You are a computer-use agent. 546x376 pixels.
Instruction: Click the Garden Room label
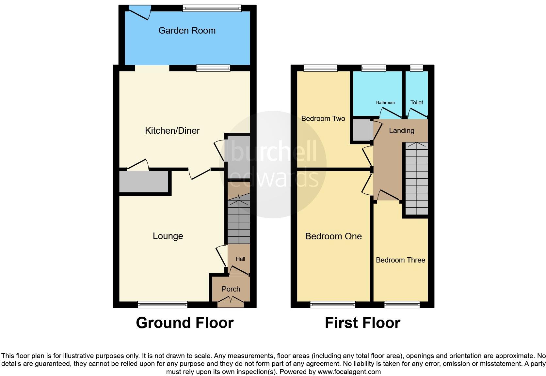click(x=187, y=31)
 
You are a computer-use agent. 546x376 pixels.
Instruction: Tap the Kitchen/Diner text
click(x=172, y=131)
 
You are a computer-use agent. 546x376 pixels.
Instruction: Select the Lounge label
click(x=168, y=236)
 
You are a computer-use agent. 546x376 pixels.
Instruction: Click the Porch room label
click(x=231, y=289)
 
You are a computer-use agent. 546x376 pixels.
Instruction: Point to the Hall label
click(x=240, y=259)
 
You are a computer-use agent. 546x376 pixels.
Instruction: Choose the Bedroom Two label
click(x=323, y=119)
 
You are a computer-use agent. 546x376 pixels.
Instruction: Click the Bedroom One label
click(x=333, y=236)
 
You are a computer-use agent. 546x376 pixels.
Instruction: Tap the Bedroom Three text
click(x=400, y=260)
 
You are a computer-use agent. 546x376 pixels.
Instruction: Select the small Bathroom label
click(x=385, y=103)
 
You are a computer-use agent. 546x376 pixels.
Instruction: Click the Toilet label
click(x=417, y=103)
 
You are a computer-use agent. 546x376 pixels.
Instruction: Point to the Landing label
click(x=401, y=131)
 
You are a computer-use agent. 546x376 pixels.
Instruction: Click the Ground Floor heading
click(x=185, y=323)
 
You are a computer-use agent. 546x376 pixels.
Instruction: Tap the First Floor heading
click(x=362, y=323)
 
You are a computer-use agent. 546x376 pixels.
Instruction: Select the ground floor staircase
click(x=239, y=222)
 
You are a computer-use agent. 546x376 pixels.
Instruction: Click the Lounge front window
click(x=162, y=305)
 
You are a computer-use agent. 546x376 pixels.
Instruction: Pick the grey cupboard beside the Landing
click(x=361, y=130)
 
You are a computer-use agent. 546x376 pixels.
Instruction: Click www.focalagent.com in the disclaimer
click(x=349, y=372)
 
